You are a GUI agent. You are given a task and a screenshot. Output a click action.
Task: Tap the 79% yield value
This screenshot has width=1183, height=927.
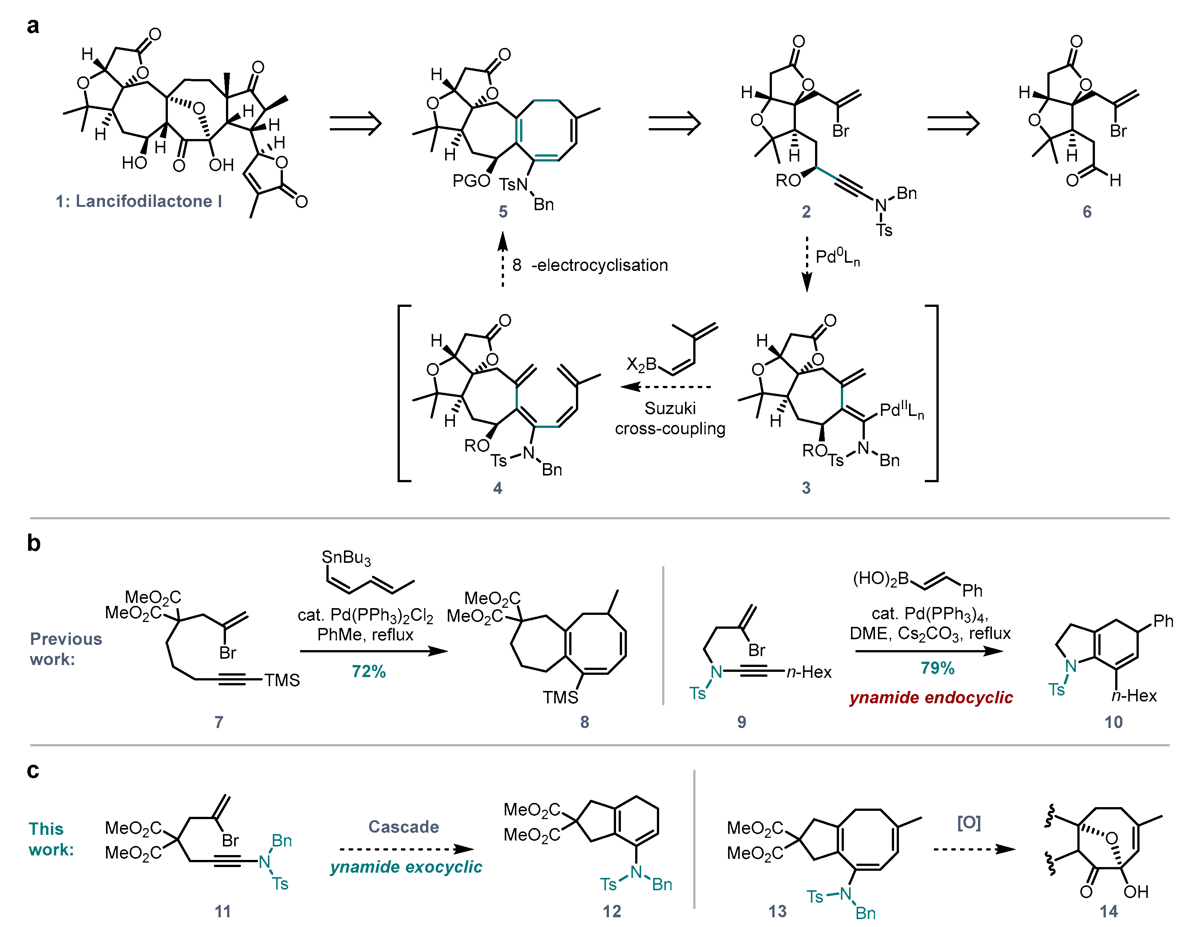point(937,668)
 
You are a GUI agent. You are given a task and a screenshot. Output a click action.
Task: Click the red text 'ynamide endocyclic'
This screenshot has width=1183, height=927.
point(931,697)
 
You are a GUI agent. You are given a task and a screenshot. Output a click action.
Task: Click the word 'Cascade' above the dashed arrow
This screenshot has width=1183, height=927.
point(404,827)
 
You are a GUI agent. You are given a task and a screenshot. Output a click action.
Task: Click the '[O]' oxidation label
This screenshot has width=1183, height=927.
point(969,823)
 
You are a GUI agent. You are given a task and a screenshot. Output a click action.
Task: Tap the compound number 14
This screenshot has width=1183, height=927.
point(1109,911)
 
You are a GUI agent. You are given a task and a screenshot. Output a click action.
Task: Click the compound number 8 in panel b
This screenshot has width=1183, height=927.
point(585,722)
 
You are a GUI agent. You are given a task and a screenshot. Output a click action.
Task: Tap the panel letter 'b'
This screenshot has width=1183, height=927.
point(34,543)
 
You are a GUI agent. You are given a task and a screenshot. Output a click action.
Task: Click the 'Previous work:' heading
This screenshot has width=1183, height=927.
point(66,649)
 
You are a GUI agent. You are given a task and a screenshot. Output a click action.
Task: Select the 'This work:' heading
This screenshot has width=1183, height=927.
point(51,839)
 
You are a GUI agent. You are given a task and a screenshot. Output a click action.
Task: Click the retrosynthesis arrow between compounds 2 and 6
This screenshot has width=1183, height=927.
point(953,124)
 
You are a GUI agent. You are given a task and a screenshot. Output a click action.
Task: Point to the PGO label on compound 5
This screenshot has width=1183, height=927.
point(471,181)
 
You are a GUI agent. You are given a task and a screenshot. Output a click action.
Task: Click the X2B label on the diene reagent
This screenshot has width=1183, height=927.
point(642,364)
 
